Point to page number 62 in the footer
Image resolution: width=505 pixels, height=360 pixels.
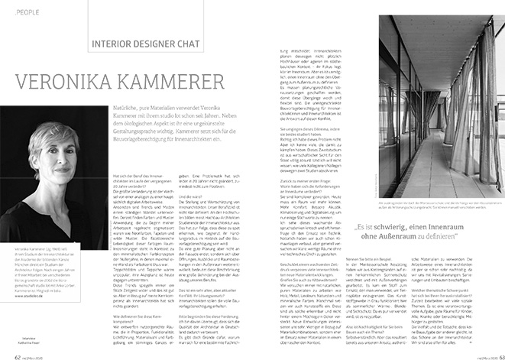(19, 346)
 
